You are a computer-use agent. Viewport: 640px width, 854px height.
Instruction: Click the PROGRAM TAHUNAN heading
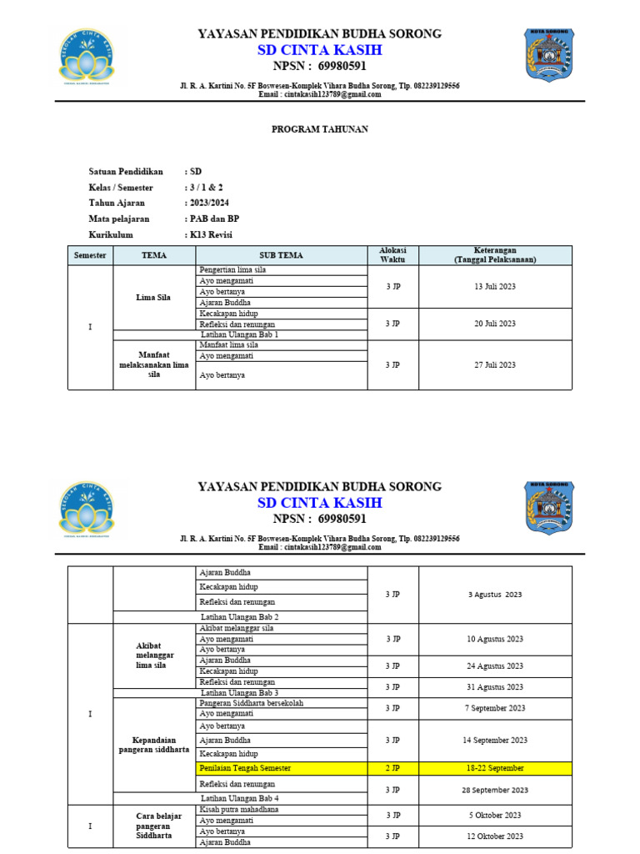pyautogui.click(x=321, y=129)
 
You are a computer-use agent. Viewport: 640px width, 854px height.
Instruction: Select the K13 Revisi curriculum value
pyautogui.click(x=212, y=234)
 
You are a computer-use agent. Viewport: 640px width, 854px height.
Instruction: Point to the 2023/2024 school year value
pyautogui.click(x=209, y=203)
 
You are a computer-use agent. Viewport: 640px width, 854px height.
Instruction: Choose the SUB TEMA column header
pyautogui.click(x=281, y=255)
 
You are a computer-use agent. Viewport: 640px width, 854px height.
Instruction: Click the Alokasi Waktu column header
pyautogui.click(x=392, y=255)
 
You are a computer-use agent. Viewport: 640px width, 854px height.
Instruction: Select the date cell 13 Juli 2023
pyautogui.click(x=495, y=286)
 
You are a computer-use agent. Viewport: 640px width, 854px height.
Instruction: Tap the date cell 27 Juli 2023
pyautogui.click(x=495, y=364)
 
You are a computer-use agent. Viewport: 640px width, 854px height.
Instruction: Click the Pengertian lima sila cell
pyautogui.click(x=232, y=270)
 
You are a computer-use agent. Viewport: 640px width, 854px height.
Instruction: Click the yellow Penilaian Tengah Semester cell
pyautogui.click(x=245, y=767)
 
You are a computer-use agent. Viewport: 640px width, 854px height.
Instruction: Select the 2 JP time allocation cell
pyautogui.click(x=392, y=767)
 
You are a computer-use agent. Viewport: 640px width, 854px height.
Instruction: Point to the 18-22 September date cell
pyautogui.click(x=495, y=767)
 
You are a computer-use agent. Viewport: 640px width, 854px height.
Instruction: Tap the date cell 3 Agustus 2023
pyautogui.click(x=495, y=595)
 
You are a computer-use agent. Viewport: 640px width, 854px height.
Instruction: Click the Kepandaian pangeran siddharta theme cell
pyautogui.click(x=154, y=744)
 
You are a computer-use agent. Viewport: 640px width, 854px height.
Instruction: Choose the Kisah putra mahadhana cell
pyautogui.click(x=239, y=809)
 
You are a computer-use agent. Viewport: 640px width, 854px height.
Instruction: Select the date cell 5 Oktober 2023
pyautogui.click(x=495, y=815)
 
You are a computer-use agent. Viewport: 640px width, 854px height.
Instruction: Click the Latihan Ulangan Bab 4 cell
pyautogui.click(x=240, y=798)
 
